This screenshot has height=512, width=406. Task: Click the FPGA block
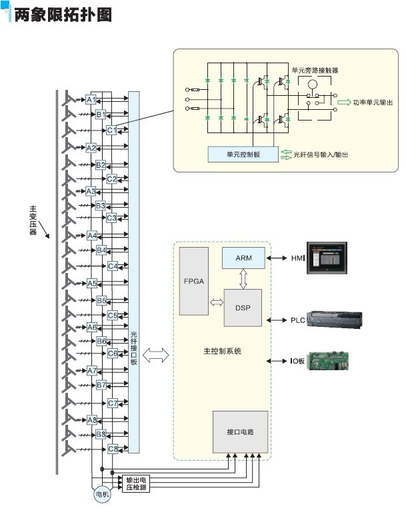click(194, 281)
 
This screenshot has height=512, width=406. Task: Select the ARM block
click(243, 258)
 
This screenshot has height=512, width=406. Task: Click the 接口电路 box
click(240, 432)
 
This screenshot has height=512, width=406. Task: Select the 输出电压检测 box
click(133, 484)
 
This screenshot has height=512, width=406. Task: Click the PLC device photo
click(337, 320)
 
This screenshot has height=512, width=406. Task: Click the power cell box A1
click(92, 100)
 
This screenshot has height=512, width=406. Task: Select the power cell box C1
click(112, 130)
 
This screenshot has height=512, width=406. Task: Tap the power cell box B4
click(101, 250)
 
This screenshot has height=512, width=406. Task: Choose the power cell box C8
click(113, 449)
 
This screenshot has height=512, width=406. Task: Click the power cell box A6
click(92, 328)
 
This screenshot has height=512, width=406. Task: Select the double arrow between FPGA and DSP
click(216, 303)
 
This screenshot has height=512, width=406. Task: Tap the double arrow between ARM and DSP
click(243, 280)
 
